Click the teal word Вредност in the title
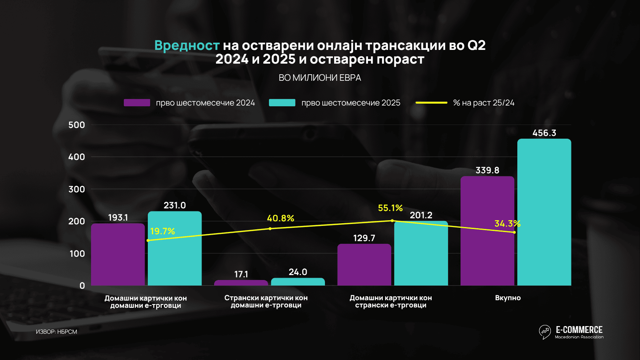(x=187, y=46)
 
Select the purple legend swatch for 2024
(x=137, y=103)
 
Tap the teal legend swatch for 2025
(x=282, y=103)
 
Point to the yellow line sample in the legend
(x=431, y=103)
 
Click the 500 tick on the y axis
(x=77, y=125)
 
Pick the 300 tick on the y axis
(x=77, y=189)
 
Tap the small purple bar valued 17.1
(x=241, y=283)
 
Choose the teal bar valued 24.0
(x=298, y=282)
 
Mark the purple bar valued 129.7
(x=364, y=265)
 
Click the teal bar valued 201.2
(x=421, y=253)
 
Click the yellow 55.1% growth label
(x=390, y=208)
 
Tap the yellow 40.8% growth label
(x=280, y=218)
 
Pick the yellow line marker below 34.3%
(x=514, y=232)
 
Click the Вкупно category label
(x=508, y=298)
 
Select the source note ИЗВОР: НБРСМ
(x=56, y=332)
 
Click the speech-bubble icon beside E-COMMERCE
(x=545, y=331)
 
